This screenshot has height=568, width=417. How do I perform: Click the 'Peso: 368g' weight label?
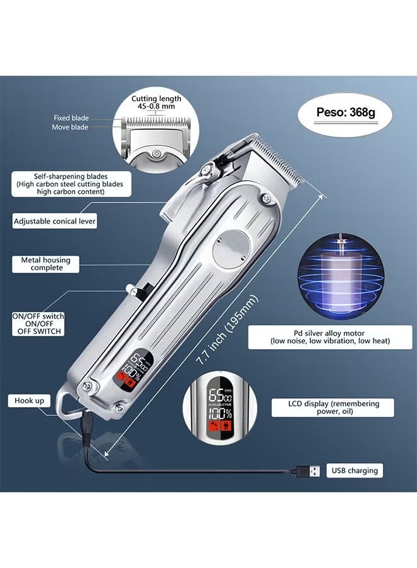(x=346, y=115)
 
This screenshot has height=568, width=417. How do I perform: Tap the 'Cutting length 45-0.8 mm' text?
(x=156, y=102)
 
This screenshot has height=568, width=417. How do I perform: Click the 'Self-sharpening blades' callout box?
(x=71, y=184)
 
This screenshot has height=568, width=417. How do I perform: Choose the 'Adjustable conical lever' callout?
(x=55, y=222)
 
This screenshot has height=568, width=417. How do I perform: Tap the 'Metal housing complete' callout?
(x=46, y=264)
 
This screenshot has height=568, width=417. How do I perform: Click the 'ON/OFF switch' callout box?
(x=37, y=324)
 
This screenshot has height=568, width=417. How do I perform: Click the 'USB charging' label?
(x=354, y=470)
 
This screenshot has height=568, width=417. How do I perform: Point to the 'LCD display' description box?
(x=332, y=408)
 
